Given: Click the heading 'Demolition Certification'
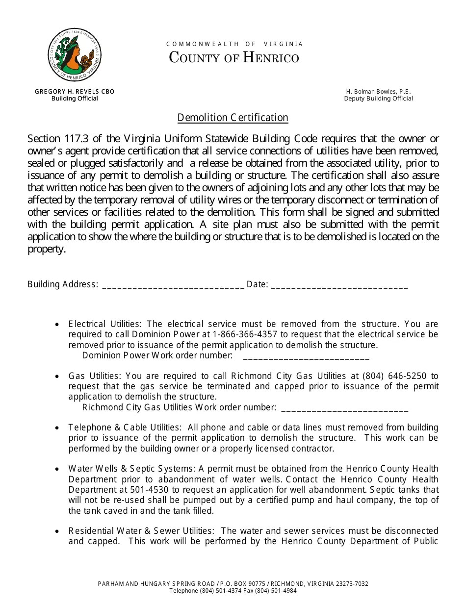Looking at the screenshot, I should click(x=233, y=118).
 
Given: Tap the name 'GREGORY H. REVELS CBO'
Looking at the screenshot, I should click(x=75, y=91).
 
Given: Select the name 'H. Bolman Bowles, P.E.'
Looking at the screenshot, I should click(x=378, y=91).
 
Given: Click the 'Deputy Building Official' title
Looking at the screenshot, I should click(x=378, y=99).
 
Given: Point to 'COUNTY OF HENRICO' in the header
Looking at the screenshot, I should click(x=234, y=58).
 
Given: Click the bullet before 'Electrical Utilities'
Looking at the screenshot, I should click(x=58, y=325).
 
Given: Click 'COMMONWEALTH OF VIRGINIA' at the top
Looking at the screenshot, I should click(x=234, y=44).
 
